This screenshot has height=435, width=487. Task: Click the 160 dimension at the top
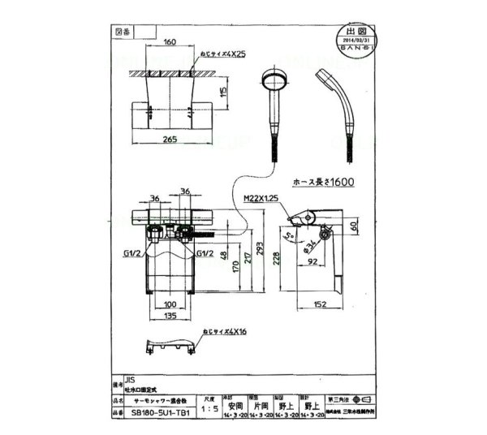click(170, 42)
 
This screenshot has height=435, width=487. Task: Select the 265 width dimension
click(170, 140)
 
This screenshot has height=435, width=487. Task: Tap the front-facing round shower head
click(272, 84)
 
